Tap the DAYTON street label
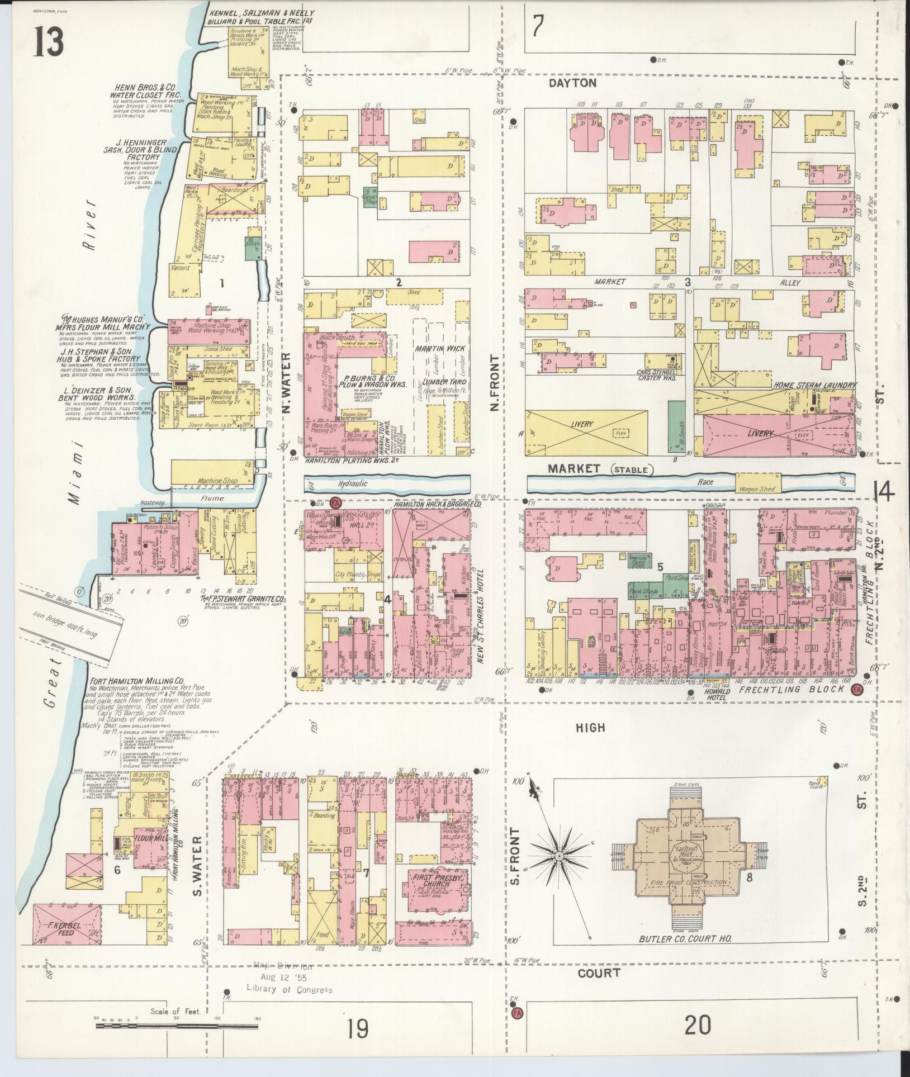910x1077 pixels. pos(572,83)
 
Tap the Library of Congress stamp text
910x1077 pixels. pos(289,989)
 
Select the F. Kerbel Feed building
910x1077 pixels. pos(68,928)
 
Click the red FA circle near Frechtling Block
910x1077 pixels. pos(856,690)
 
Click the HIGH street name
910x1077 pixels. pos(590,727)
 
